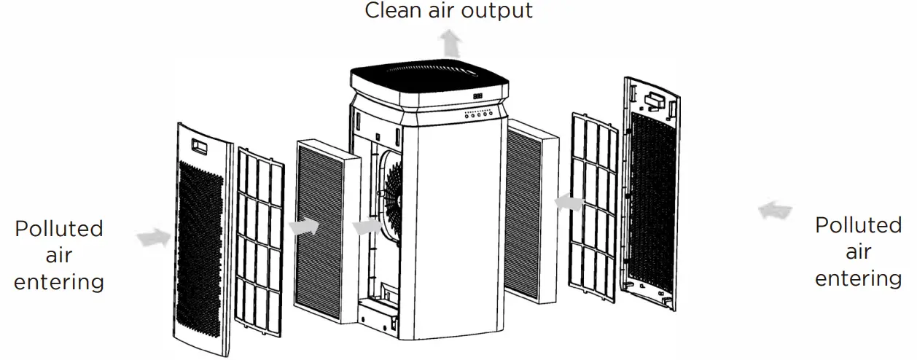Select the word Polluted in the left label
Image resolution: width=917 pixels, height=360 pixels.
click(x=59, y=228)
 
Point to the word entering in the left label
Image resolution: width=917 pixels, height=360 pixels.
click(x=59, y=282)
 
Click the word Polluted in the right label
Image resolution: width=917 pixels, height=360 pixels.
click(x=858, y=225)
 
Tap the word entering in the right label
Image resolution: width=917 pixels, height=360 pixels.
click(x=858, y=278)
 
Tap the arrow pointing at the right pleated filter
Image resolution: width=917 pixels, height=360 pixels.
click(x=567, y=202)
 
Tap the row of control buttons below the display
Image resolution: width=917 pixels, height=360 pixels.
click(x=479, y=114)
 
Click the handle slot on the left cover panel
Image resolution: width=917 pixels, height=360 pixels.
click(x=198, y=146)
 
